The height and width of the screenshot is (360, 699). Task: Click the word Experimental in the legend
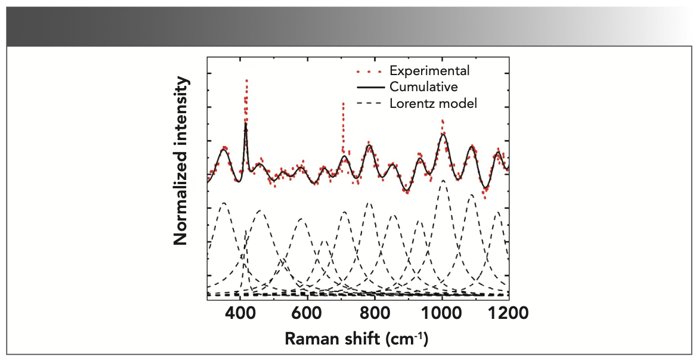[429, 70]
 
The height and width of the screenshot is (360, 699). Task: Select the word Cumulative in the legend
[423, 86]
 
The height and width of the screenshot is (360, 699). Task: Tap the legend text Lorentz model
[433, 103]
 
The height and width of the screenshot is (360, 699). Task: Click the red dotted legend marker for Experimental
[369, 71]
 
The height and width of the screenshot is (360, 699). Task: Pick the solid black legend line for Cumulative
[369, 87]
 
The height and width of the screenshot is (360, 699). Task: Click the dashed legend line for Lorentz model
[369, 104]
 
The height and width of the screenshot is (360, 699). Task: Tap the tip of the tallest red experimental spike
[246, 80]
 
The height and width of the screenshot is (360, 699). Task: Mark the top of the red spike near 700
[343, 103]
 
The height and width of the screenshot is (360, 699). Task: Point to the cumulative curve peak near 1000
[443, 134]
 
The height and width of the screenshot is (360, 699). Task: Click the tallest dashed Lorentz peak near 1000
[443, 180]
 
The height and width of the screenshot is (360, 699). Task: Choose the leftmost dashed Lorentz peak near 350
[224, 203]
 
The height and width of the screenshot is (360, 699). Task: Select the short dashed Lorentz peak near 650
[324, 241]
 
